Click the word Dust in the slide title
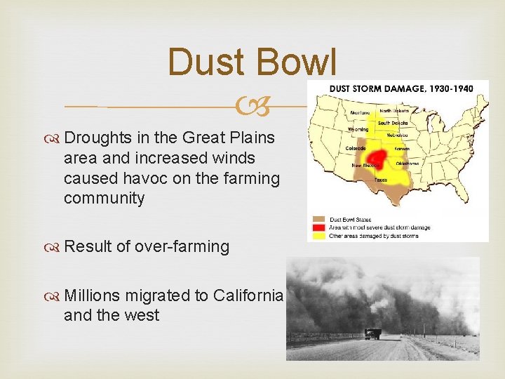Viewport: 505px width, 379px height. pyautogui.click(x=208, y=62)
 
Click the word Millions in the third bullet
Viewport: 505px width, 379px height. pyautogui.click(x=92, y=295)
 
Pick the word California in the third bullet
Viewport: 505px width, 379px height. pyautogui.click(x=242, y=295)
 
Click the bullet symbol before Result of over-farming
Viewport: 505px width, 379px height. pyautogui.click(x=55, y=247)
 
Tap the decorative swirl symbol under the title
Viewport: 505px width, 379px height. pyautogui.click(x=252, y=107)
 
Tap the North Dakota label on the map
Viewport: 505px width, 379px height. pyautogui.click(x=394, y=109)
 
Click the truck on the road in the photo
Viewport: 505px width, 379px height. pyautogui.click(x=372, y=333)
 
